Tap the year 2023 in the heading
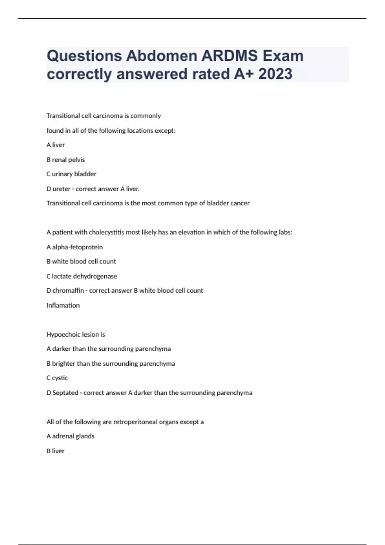(x=275, y=74)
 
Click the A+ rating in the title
(x=244, y=74)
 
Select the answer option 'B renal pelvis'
(x=66, y=160)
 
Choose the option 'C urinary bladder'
(x=72, y=174)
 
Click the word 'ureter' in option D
(x=61, y=189)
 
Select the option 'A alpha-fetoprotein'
(x=75, y=247)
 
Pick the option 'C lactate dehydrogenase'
(x=82, y=276)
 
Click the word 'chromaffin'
(x=68, y=290)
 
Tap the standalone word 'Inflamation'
(x=63, y=305)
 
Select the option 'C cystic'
(x=57, y=378)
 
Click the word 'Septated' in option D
(x=65, y=393)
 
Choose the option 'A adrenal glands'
(x=71, y=436)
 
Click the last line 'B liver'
(x=56, y=451)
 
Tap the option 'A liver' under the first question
(x=56, y=145)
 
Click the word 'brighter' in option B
(x=64, y=364)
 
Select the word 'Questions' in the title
(x=84, y=56)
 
